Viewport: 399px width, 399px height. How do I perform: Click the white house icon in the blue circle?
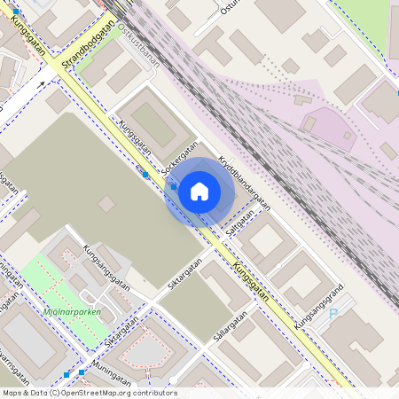point(199,191)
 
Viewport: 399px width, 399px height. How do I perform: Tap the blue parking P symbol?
point(333,313)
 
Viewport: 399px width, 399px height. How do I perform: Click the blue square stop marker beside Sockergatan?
point(145,175)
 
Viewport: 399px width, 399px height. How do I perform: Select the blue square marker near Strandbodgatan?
point(16,10)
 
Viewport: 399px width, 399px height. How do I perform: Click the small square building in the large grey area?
point(106,204)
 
